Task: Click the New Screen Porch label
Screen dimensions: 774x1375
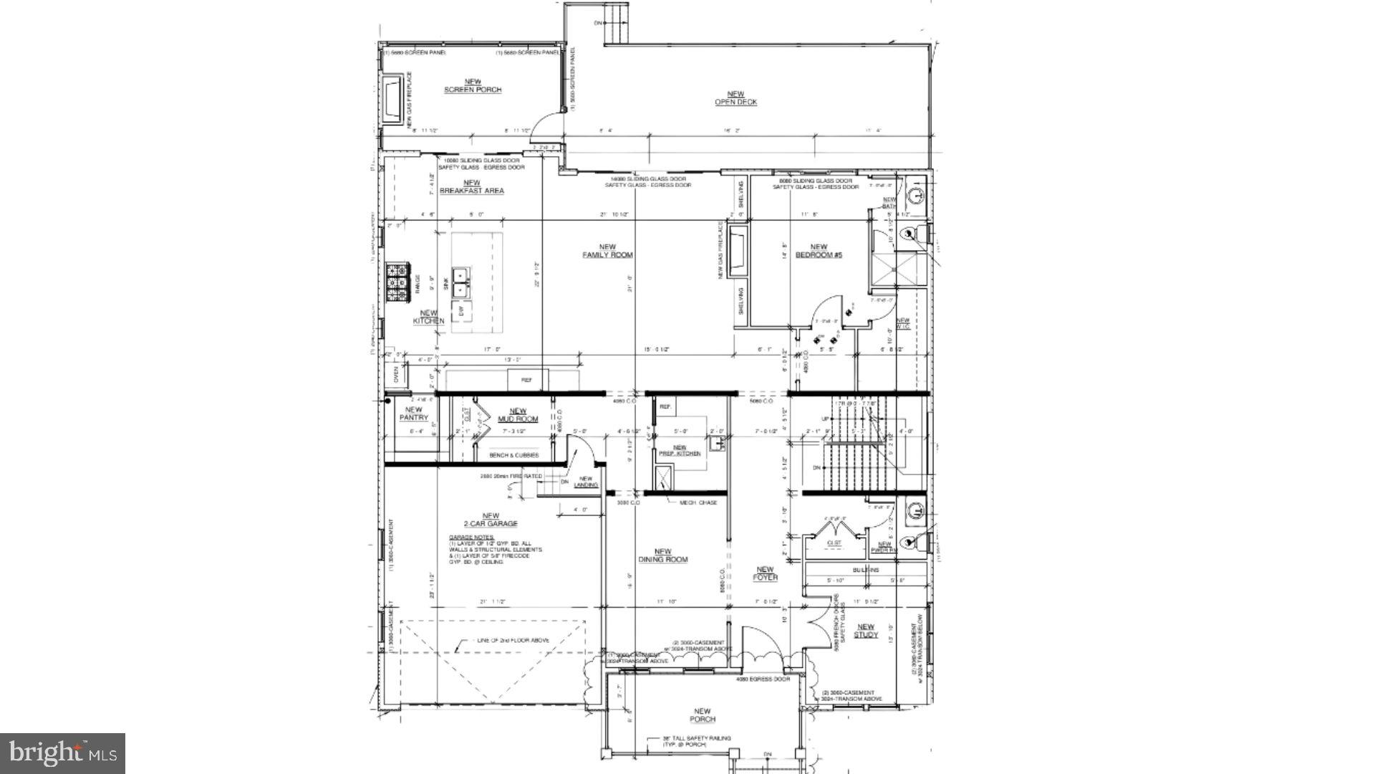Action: click(473, 86)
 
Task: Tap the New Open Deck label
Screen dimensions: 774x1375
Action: click(735, 98)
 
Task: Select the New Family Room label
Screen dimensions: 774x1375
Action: click(607, 251)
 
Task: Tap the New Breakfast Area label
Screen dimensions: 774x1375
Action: click(471, 187)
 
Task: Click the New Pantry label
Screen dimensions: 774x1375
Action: click(413, 414)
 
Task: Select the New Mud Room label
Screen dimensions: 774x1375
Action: click(518, 415)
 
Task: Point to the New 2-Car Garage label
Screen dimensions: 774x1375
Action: click(491, 520)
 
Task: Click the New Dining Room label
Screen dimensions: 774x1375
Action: click(663, 555)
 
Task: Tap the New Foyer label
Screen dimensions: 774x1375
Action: click(766, 573)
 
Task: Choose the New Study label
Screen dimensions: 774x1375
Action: click(865, 631)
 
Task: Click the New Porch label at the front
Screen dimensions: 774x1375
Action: click(703, 715)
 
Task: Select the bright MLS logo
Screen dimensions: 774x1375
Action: click(62, 753)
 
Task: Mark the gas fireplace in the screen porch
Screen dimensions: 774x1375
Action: click(392, 100)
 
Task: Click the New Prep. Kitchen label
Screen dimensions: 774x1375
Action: click(679, 450)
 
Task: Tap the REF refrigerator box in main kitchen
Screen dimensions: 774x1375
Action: click(526, 380)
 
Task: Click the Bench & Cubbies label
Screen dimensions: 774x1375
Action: click(513, 455)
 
